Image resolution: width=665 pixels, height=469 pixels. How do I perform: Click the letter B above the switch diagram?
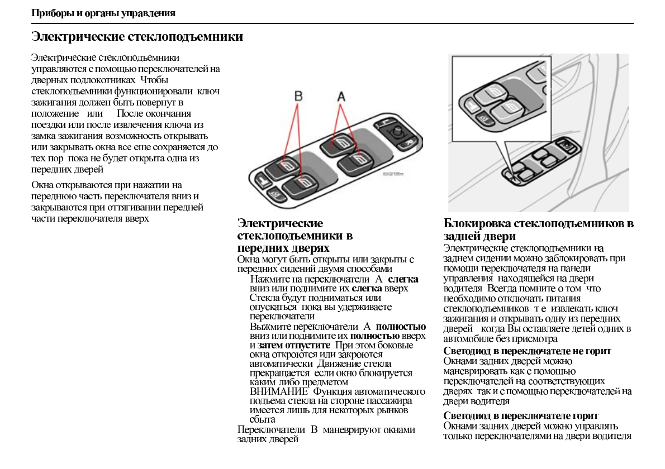click(x=298, y=97)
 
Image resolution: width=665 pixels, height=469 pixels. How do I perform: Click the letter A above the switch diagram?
click(x=341, y=97)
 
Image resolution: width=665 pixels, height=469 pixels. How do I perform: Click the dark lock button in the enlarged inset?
click(x=484, y=118)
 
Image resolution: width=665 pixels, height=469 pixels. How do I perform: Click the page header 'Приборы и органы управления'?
click(x=103, y=13)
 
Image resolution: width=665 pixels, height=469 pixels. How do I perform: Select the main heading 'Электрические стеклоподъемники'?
click(x=137, y=37)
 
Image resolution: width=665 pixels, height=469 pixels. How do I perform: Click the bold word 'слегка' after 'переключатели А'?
click(x=403, y=279)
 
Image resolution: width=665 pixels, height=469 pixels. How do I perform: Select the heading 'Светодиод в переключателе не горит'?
click(x=527, y=351)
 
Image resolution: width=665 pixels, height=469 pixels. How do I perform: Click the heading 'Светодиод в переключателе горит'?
click(x=521, y=416)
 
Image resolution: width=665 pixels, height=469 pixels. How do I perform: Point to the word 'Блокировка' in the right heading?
click(x=477, y=224)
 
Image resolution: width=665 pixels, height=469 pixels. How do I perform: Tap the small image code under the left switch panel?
click(x=392, y=173)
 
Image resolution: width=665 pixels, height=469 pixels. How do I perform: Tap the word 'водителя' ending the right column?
click(x=613, y=436)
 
